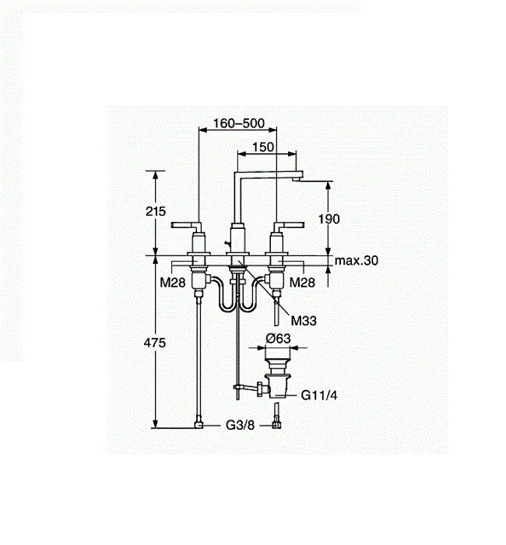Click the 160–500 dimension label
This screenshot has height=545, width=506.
tap(239, 123)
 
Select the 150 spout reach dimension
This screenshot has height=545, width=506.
tap(263, 147)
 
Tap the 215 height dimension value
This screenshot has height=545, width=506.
tap(156, 211)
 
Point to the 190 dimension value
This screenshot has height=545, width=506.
tap(329, 219)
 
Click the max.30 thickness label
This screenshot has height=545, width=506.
tap(357, 260)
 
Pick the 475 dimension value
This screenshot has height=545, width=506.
tap(155, 343)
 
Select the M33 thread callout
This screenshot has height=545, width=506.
tap(304, 321)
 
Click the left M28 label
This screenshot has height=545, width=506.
tap(172, 282)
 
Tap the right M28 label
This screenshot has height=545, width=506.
tap(302, 282)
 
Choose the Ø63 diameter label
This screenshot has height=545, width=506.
tap(278, 338)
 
